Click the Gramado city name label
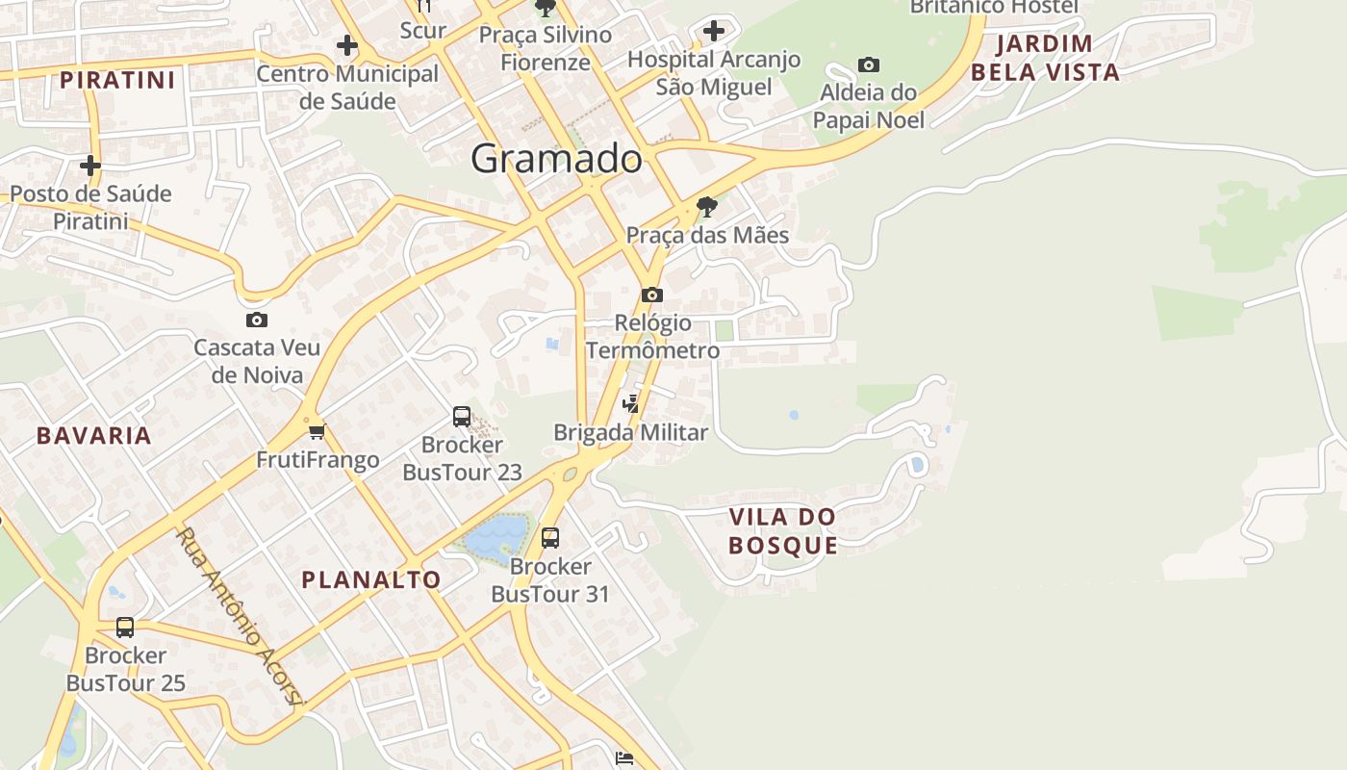556,159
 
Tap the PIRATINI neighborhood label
117,80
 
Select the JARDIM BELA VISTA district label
1045,58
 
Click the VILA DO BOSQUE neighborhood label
782,531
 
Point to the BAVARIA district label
94,436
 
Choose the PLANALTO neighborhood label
371,580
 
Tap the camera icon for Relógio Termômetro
652,295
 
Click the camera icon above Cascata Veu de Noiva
257,321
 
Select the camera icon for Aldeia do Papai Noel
869,65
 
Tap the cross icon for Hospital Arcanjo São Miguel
713,31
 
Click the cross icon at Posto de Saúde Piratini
90,166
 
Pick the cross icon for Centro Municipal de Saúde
347,45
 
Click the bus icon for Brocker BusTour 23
462,417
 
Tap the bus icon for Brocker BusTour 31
550,538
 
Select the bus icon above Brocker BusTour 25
125,628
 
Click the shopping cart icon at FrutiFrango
318,431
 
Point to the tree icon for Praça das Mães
707,206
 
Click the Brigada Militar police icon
631,404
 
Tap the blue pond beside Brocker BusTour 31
497,536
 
